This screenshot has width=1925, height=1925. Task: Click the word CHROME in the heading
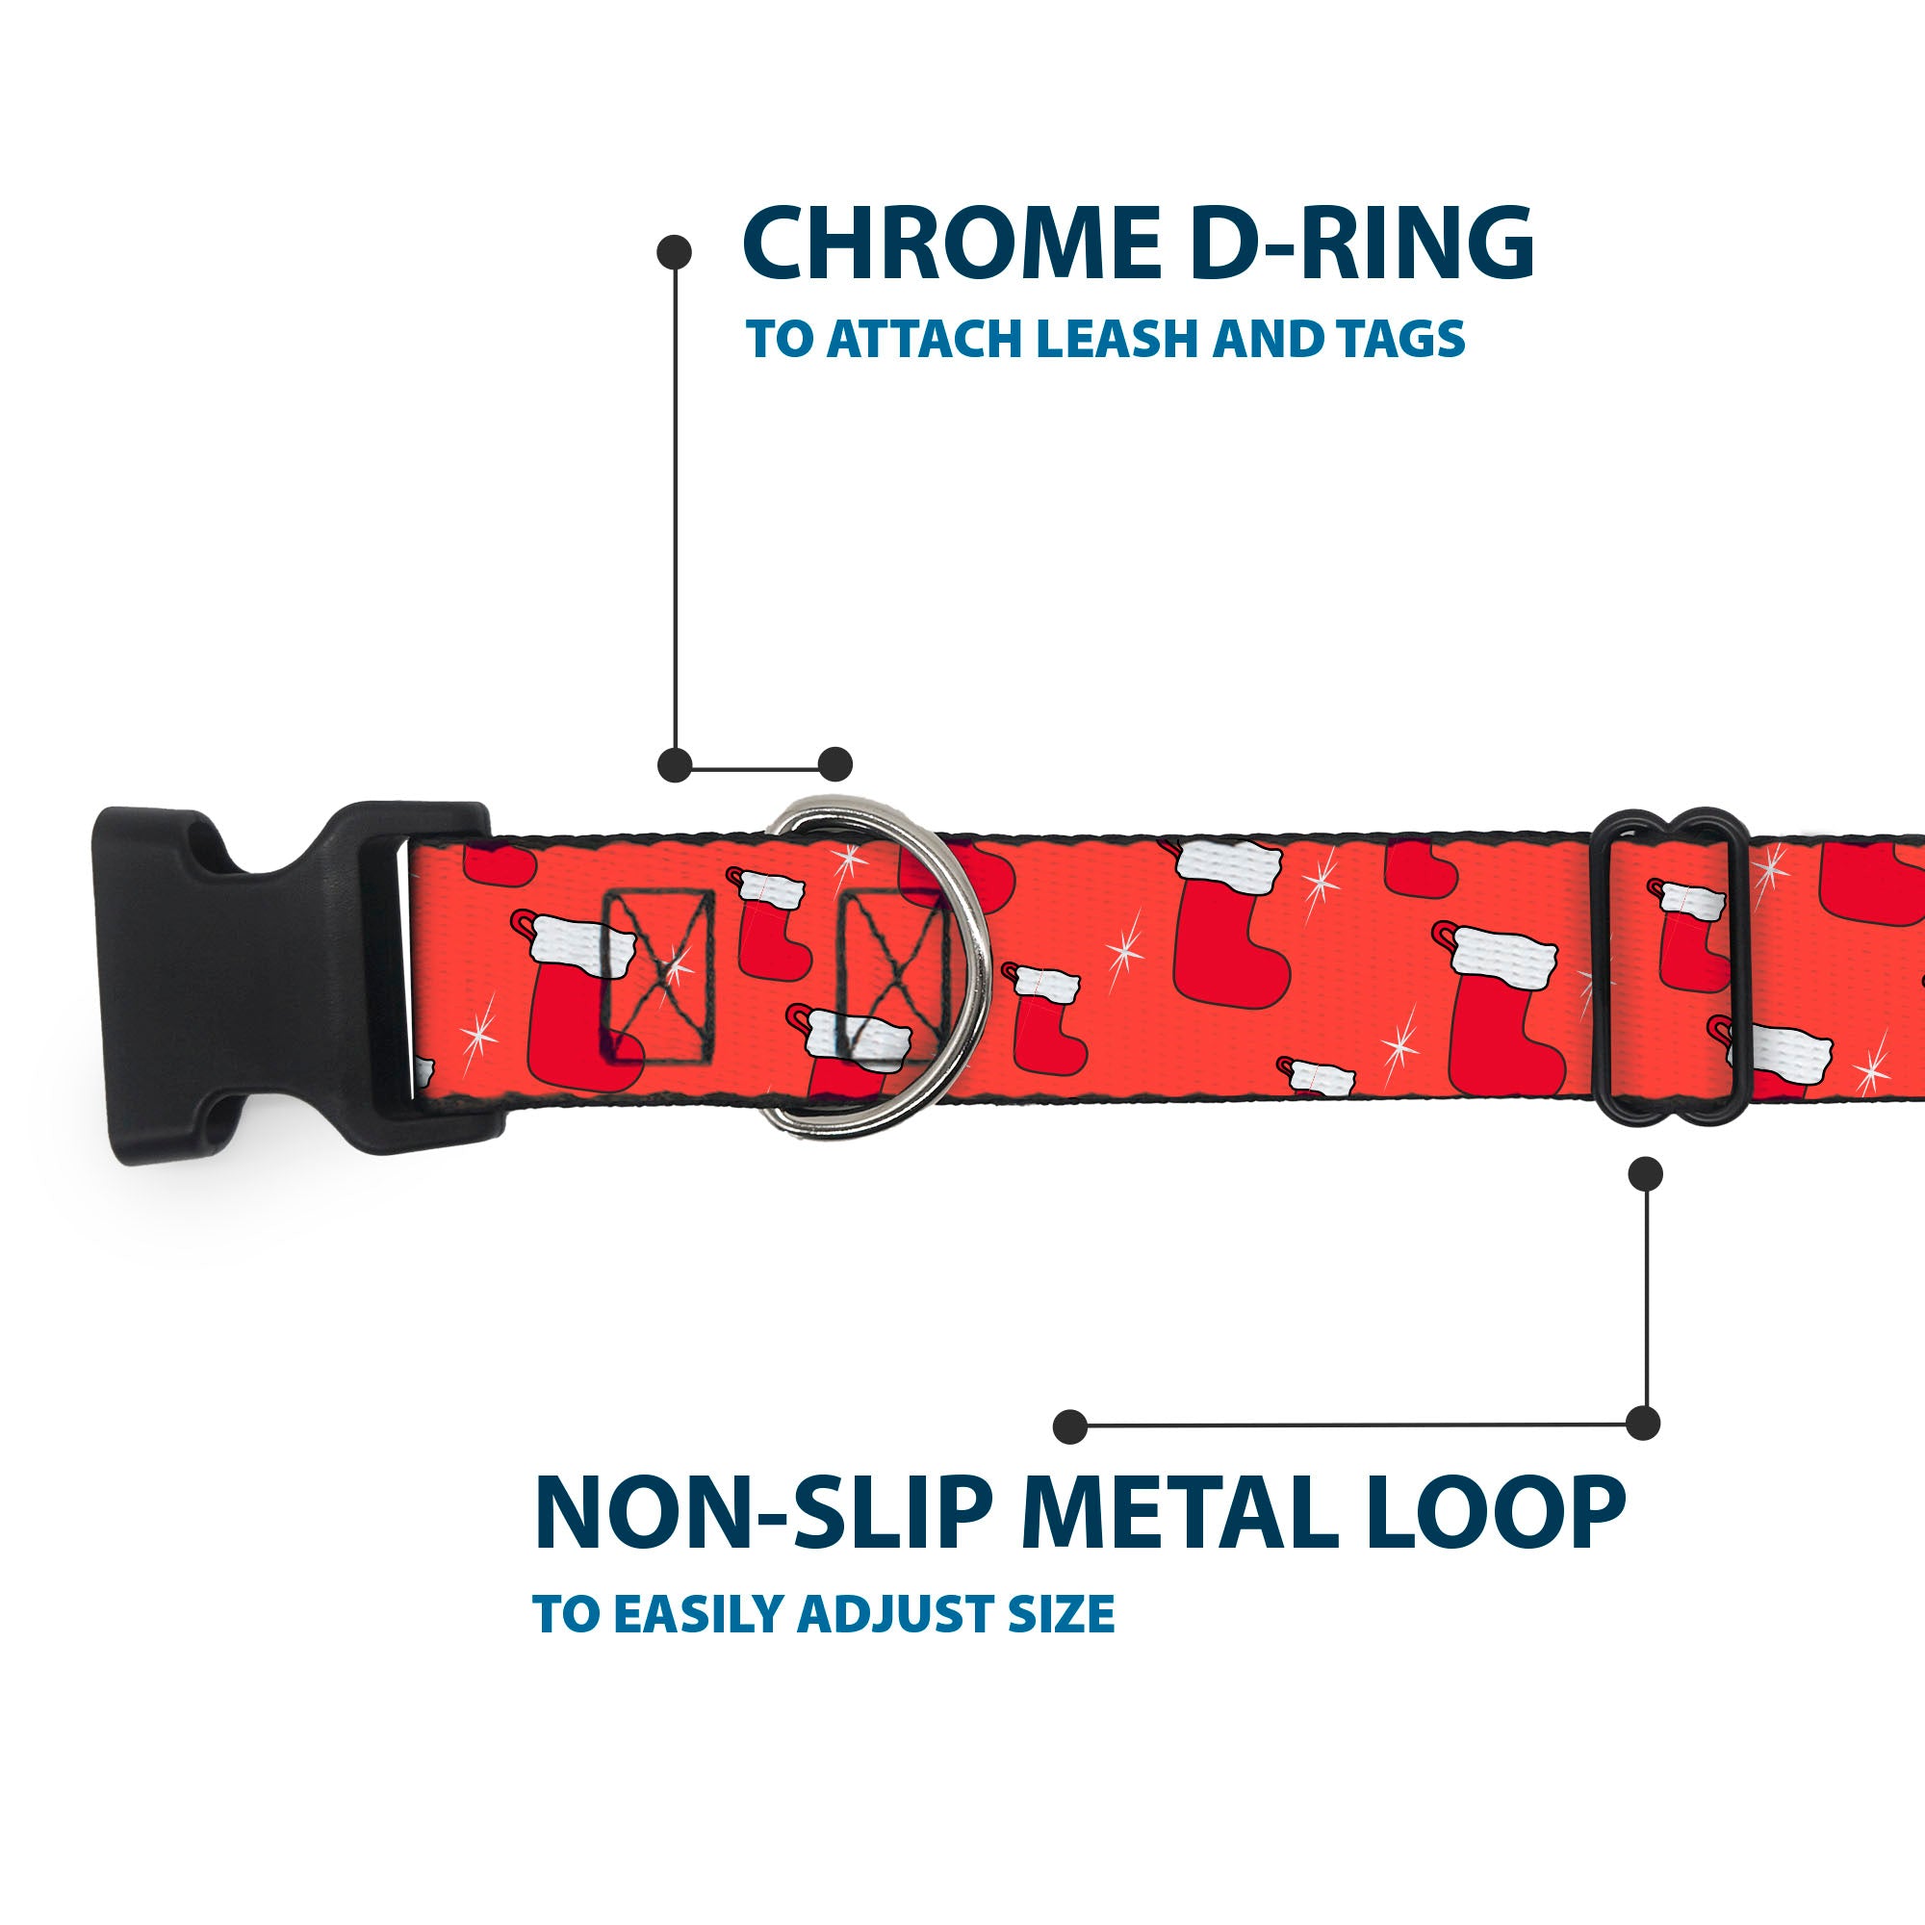[x=952, y=244]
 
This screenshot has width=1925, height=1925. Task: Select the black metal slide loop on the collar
[x=1668, y=966]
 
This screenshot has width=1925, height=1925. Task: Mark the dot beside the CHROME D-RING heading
[x=675, y=252]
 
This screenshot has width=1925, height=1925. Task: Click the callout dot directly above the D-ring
[x=834, y=764]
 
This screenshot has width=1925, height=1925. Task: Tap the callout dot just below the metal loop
[x=1645, y=1174]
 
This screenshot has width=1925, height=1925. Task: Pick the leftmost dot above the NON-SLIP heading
[x=1070, y=1426]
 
